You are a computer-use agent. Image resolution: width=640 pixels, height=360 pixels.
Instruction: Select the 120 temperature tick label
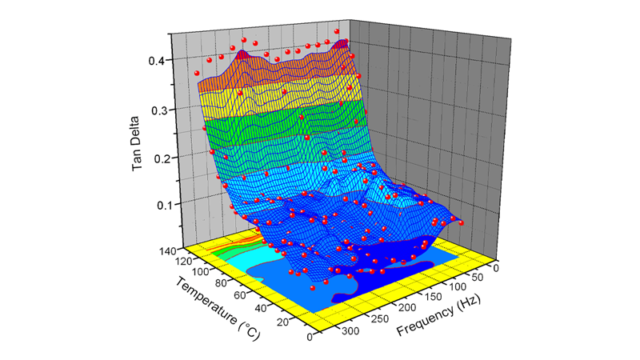[x=184, y=261]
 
